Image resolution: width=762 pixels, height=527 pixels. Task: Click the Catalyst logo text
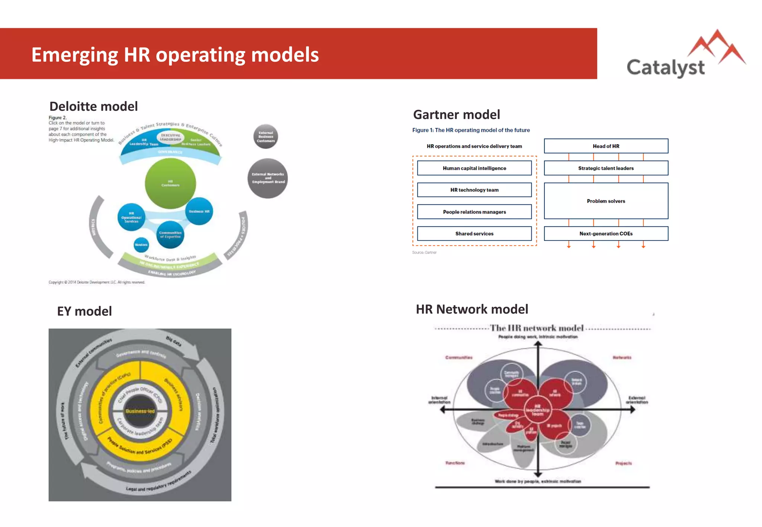click(x=665, y=68)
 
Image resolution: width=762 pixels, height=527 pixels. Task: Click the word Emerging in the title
click(x=74, y=55)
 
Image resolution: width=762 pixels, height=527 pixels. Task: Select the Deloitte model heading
click(x=93, y=107)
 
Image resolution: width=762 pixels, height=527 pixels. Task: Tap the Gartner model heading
click(x=457, y=115)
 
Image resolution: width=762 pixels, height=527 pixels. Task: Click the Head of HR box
click(x=606, y=146)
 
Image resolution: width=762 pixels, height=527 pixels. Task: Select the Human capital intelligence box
click(x=474, y=168)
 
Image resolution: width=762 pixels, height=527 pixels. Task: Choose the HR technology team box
click(x=474, y=190)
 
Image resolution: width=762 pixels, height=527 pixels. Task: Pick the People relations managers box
click(x=474, y=212)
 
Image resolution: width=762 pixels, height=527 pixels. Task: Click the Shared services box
click(x=474, y=234)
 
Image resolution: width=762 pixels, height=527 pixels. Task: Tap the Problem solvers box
click(x=606, y=201)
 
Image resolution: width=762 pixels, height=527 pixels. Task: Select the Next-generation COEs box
click(x=606, y=234)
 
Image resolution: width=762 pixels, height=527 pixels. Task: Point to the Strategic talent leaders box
click(x=606, y=168)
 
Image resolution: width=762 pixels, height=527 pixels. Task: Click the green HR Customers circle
click(x=170, y=183)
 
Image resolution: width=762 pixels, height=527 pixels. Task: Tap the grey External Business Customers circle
click(x=266, y=137)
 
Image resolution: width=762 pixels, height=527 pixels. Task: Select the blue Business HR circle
click(x=199, y=211)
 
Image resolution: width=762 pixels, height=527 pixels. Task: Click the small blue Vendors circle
click(x=141, y=245)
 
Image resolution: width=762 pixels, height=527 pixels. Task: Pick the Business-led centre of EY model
click(x=140, y=411)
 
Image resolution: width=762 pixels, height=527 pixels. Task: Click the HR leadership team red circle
click(x=537, y=410)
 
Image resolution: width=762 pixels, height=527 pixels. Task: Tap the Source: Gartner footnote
click(x=424, y=252)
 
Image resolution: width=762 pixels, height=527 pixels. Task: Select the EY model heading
click(x=84, y=311)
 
